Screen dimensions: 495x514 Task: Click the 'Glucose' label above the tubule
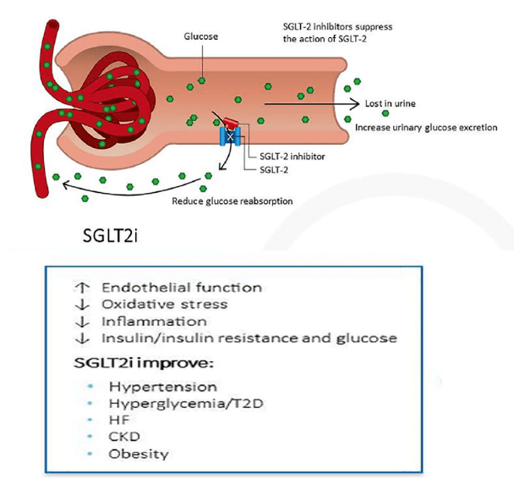coord(200,37)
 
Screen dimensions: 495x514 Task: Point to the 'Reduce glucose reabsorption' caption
coord(232,201)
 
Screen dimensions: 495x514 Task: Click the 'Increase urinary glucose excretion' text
coord(426,128)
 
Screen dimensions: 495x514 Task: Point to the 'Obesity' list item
coord(138,454)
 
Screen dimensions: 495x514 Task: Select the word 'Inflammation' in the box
coord(153,322)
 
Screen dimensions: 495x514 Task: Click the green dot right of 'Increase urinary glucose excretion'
coord(505,128)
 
